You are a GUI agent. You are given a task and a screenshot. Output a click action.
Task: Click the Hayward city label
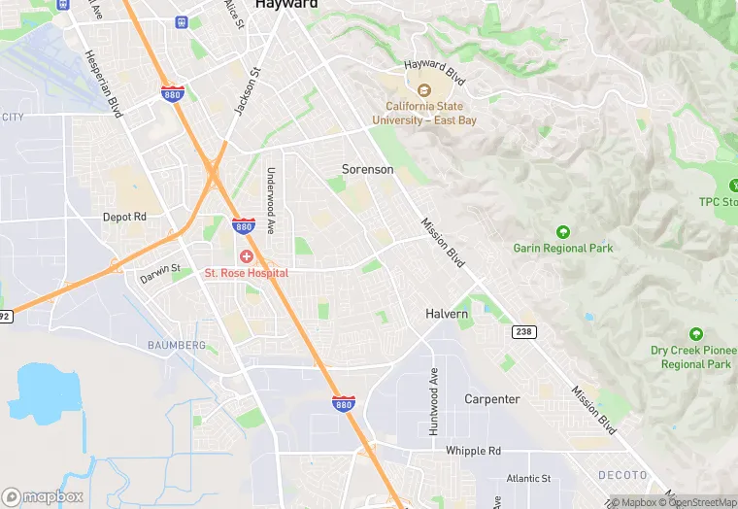click(287, 5)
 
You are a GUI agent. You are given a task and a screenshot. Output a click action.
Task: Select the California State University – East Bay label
click(424, 113)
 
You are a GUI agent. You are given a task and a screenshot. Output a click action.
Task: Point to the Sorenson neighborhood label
click(368, 169)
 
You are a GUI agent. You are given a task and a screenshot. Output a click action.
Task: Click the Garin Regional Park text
click(563, 249)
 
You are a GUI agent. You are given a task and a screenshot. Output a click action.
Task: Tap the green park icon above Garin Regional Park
click(563, 231)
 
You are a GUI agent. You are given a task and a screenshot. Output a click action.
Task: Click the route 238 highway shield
click(522, 332)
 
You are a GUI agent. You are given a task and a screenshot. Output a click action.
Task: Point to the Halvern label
click(447, 315)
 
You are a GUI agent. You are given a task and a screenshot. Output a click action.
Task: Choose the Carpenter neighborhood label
click(491, 399)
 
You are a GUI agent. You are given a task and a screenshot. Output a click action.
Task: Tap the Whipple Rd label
click(473, 451)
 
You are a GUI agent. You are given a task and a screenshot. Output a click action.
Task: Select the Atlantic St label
click(528, 479)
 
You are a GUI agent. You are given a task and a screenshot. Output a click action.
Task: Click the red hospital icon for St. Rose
click(246, 256)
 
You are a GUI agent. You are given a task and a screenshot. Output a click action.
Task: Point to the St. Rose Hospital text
click(246, 274)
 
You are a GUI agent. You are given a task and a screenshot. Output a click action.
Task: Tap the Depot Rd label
click(124, 217)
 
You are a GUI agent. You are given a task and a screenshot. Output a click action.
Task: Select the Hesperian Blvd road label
click(103, 84)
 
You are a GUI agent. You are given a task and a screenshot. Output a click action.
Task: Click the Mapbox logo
click(43, 496)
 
